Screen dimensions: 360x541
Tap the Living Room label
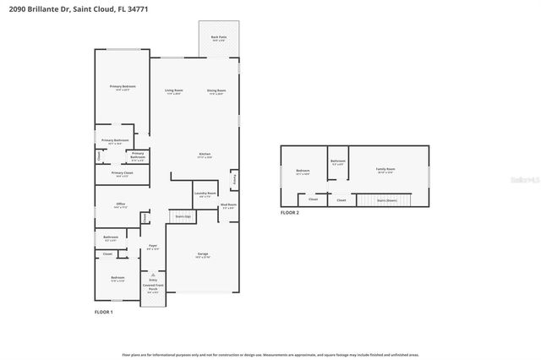pos(174,90)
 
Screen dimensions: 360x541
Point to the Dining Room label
pos(216,90)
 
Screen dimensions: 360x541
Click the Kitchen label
pos(205,155)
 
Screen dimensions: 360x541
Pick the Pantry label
pos(235,180)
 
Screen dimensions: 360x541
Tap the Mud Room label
pos(228,205)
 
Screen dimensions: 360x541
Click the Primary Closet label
pos(121,174)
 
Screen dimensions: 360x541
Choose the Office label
pos(121,205)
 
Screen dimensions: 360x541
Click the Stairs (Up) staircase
pos(182,217)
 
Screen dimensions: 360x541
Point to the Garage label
pos(203,254)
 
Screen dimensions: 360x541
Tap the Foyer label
pos(153,247)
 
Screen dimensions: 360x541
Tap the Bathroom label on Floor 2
pos(338,162)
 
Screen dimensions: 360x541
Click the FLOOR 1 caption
pos(103,313)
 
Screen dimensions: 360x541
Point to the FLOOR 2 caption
pos(290,213)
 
